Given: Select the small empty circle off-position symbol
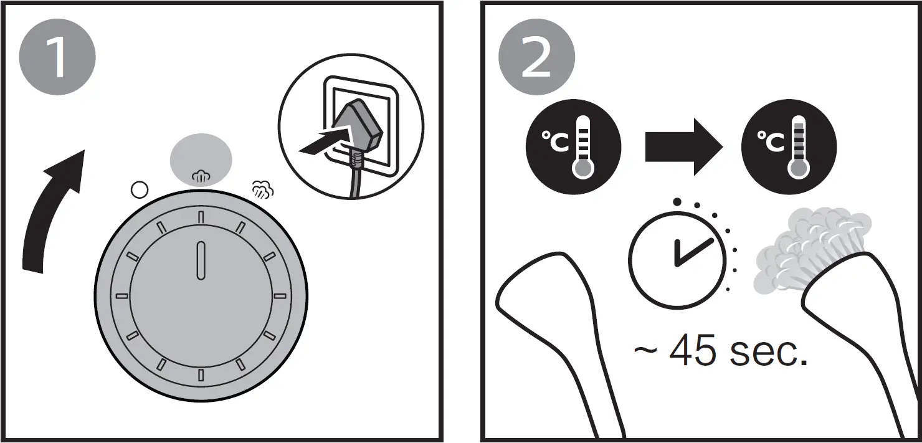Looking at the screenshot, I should click(138, 190).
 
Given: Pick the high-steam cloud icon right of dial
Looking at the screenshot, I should click(262, 189).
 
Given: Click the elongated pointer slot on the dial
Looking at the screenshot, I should click(201, 262).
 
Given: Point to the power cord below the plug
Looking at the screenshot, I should click(355, 181).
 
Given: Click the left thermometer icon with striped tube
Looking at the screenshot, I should click(573, 147).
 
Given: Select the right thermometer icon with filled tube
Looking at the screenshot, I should click(789, 147).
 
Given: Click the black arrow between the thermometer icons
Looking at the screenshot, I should click(682, 148).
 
